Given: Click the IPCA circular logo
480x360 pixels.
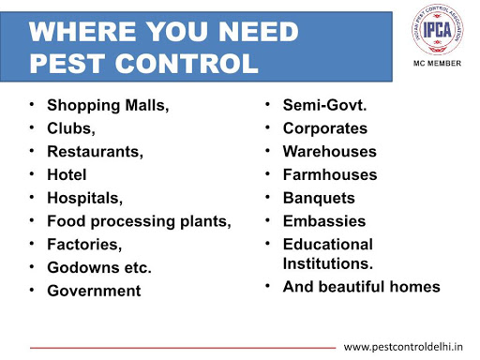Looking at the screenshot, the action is (437, 29).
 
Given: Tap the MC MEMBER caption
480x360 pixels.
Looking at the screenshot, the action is (437, 64).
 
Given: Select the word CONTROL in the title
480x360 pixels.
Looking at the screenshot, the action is (187, 64).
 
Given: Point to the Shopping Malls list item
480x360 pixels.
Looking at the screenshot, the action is (108, 105).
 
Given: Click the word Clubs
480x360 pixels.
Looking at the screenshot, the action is (71, 128).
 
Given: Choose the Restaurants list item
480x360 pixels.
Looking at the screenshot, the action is (95, 152).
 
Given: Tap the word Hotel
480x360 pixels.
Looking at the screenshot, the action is (67, 174).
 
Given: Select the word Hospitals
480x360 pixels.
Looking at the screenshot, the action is (84, 198).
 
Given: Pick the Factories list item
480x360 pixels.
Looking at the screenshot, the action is (84, 245).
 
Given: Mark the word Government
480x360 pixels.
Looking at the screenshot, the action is (94, 291).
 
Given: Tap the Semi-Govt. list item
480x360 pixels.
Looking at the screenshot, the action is (324, 105).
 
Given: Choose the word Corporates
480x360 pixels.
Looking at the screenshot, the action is (325, 128).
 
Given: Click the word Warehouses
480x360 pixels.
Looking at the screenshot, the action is (330, 152).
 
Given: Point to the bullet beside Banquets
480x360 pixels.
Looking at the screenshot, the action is (267, 197).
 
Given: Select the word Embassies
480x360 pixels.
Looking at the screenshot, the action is (324, 221).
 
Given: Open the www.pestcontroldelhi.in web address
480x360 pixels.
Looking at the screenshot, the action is (403, 347).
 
